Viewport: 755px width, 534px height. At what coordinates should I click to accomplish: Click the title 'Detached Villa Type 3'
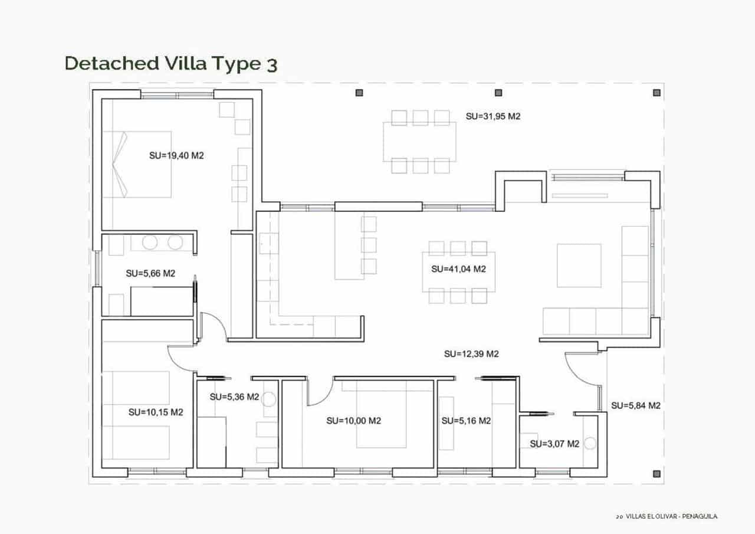tap(170, 64)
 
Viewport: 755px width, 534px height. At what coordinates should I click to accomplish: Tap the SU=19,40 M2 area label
tap(176, 156)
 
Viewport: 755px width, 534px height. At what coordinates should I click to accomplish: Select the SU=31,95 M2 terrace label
tap(493, 117)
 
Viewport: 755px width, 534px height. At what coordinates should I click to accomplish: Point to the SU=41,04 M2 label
tap(458, 269)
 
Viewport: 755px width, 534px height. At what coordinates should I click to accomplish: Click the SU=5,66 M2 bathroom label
tap(150, 273)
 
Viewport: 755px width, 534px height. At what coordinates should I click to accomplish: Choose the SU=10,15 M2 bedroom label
tap(156, 412)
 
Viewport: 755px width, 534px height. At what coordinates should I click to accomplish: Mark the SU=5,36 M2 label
tap(234, 397)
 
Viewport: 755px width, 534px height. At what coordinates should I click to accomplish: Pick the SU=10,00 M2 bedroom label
tap(353, 421)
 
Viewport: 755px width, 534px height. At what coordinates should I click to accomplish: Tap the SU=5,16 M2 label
tap(466, 421)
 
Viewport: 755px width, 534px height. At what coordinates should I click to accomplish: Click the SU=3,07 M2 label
tap(554, 444)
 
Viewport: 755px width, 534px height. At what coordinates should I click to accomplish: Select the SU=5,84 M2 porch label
tap(635, 405)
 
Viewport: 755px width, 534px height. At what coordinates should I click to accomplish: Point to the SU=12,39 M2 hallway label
tap(471, 354)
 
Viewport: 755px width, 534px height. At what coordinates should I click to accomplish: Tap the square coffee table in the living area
tap(579, 266)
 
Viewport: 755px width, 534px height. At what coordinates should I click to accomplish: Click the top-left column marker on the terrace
tap(359, 93)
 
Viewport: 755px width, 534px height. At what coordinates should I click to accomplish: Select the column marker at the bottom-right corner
tap(657, 473)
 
